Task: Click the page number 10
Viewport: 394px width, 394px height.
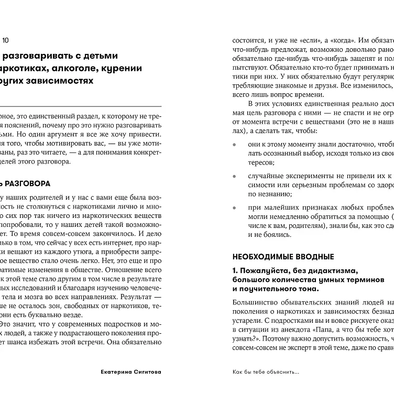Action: coord(5,40)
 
